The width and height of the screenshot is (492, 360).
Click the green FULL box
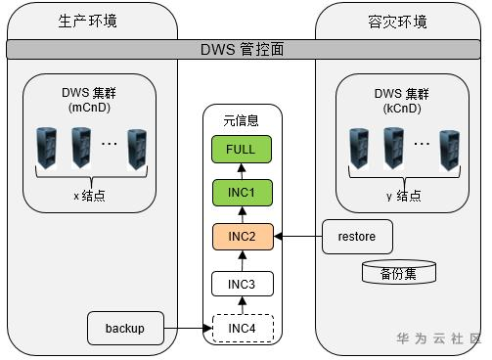click(x=242, y=150)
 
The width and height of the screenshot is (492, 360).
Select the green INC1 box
click(x=243, y=193)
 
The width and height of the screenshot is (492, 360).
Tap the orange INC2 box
click(x=243, y=237)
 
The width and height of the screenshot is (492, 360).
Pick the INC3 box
click(x=243, y=284)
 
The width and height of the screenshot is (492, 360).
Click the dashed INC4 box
click(x=243, y=329)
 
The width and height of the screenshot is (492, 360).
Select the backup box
click(x=125, y=328)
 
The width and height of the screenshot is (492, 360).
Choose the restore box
click(x=357, y=237)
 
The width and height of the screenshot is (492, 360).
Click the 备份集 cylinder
click(x=399, y=272)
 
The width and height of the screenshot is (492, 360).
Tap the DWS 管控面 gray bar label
click(x=242, y=50)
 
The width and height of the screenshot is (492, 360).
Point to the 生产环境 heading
click(x=88, y=22)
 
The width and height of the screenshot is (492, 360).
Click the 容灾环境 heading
click(x=397, y=22)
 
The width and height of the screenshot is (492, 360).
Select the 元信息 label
click(x=241, y=120)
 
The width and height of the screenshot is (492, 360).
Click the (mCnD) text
click(x=89, y=108)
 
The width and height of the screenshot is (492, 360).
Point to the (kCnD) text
click(x=402, y=109)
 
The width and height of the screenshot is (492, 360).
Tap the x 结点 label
click(x=89, y=196)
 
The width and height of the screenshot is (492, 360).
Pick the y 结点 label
click(x=404, y=196)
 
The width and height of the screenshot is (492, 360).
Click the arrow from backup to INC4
click(x=188, y=328)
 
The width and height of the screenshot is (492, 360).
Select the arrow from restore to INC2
click(x=297, y=237)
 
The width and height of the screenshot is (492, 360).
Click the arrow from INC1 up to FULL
click(x=242, y=171)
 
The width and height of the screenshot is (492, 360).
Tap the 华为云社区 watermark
click(x=439, y=338)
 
